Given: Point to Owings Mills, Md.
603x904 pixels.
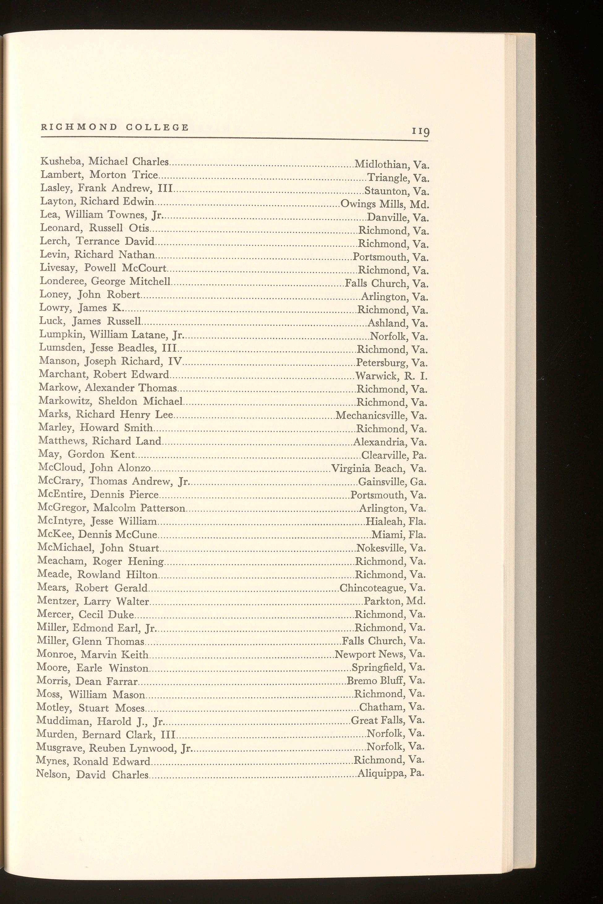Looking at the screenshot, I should coord(385,204).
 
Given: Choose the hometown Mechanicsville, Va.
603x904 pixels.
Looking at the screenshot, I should coord(381,415).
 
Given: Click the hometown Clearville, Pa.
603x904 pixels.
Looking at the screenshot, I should coord(394,456).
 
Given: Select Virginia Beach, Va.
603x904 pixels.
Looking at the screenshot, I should coord(379,469).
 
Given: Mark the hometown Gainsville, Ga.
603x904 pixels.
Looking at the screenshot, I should coord(392,482).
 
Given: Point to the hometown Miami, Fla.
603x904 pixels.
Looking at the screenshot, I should coord(399,535).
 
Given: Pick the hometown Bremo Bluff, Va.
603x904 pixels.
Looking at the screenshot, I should coord(385,680).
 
